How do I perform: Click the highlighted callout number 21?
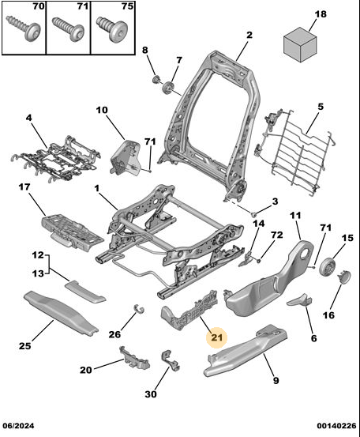point(217,337)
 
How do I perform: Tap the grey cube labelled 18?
point(300,44)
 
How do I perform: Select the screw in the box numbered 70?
point(24,28)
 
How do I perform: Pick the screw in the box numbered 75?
point(112,28)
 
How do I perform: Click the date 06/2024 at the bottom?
point(18,426)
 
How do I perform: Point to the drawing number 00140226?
point(336,426)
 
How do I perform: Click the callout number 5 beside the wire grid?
point(321,107)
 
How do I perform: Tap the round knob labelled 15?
point(327,267)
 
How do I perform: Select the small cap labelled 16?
point(344,277)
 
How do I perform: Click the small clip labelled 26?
point(138,308)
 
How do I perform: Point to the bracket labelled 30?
point(171,361)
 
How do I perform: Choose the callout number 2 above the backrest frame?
point(249,35)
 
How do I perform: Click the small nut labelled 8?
point(156,79)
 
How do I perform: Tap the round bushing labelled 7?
point(167,88)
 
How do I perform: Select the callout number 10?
point(102,110)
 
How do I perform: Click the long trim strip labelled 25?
point(61,312)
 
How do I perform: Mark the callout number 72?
point(277,235)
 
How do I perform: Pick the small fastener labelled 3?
point(254,215)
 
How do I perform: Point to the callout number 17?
point(24,186)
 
